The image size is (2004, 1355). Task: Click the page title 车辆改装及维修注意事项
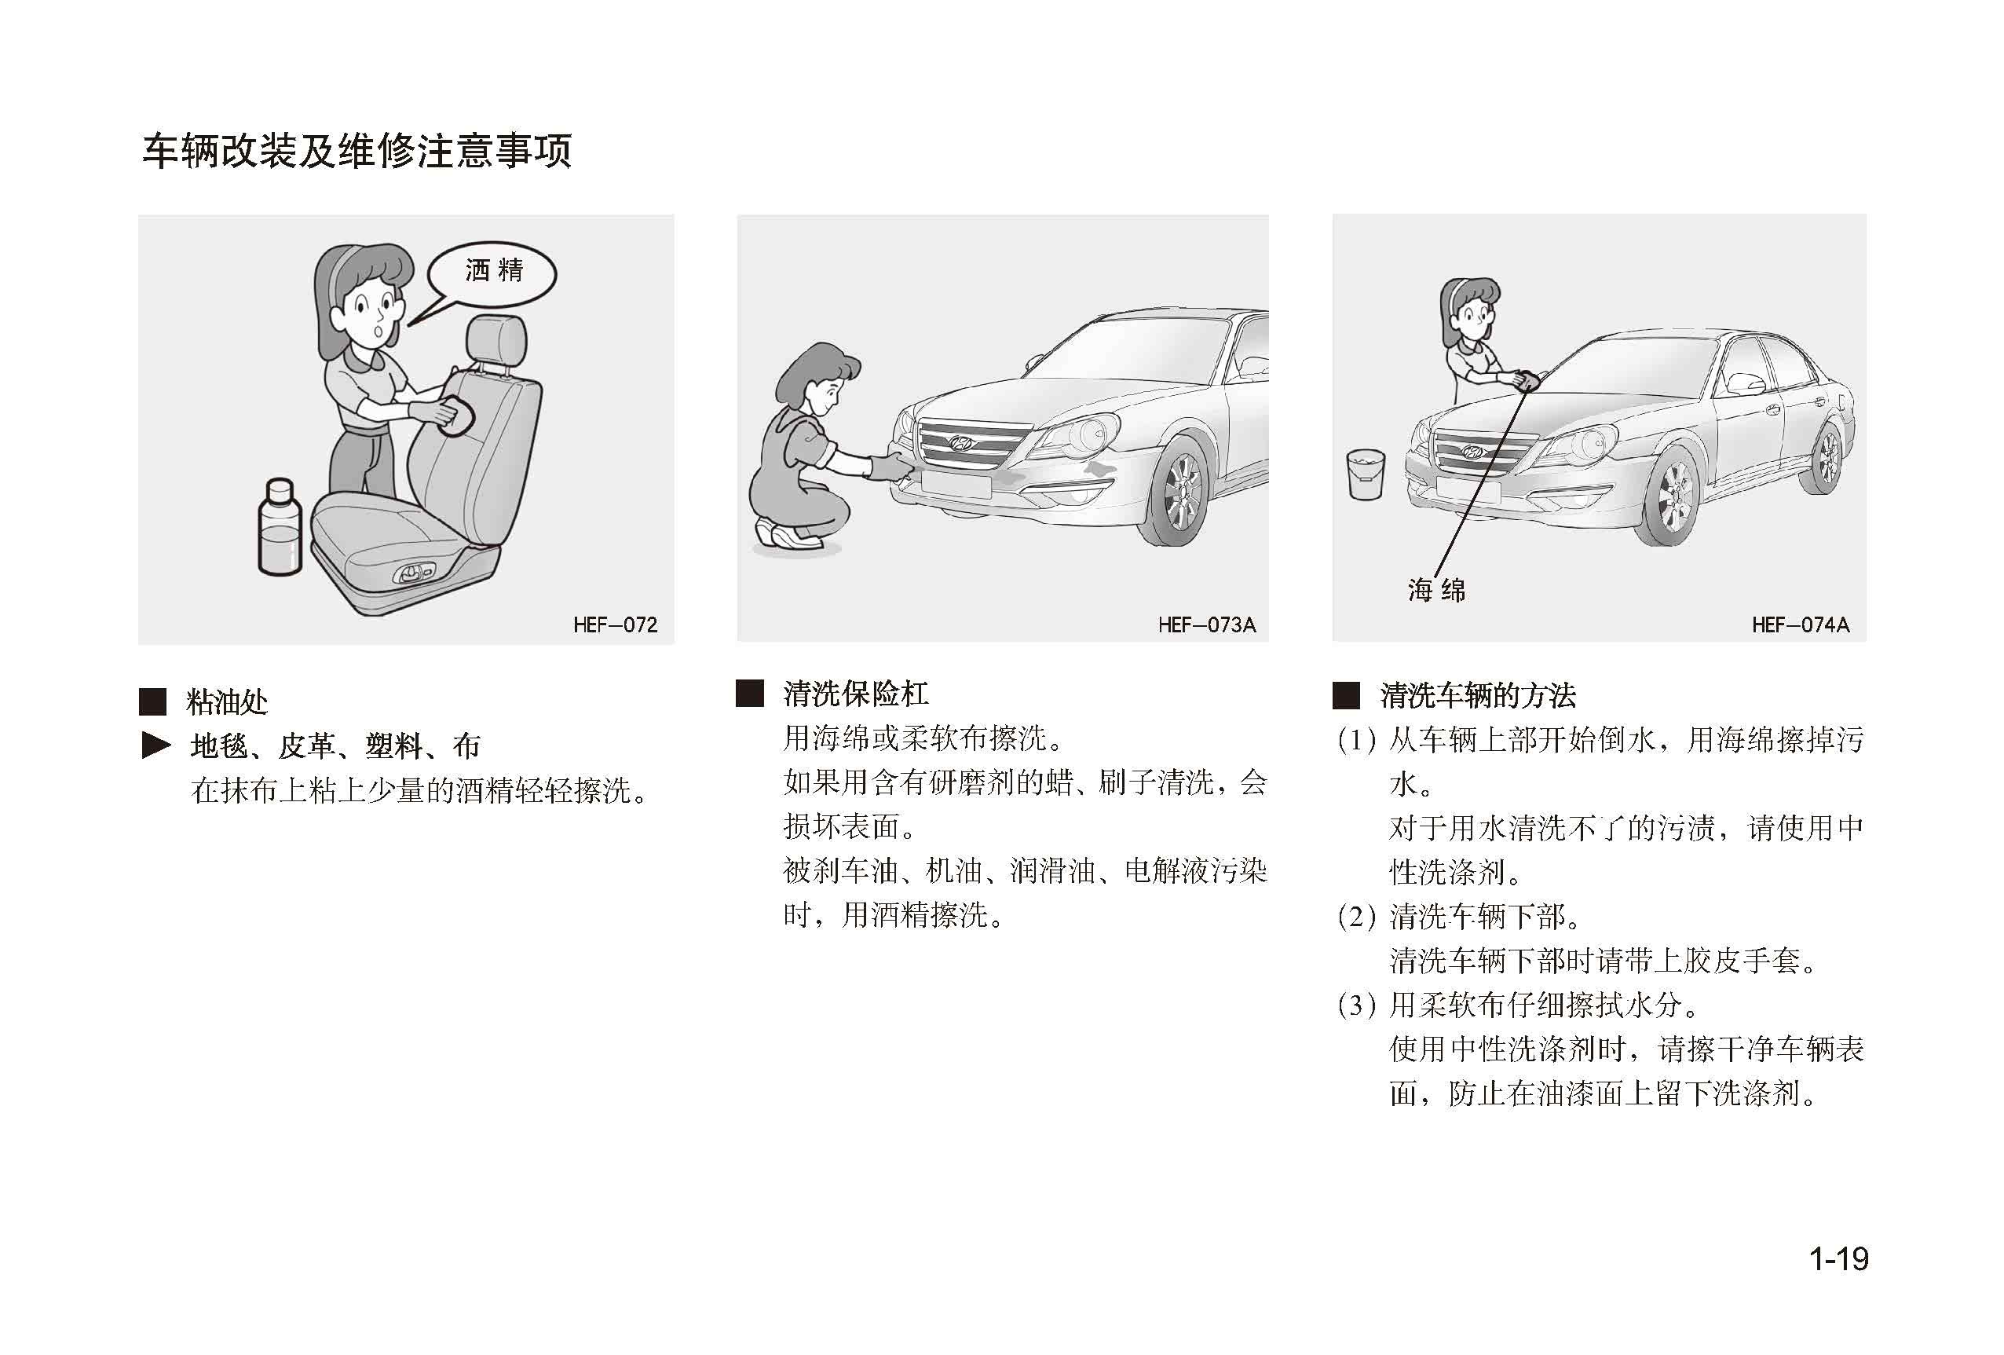(357, 151)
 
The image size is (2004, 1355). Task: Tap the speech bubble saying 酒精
(492, 274)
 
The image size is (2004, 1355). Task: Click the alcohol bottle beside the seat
(280, 527)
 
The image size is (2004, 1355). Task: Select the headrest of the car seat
(497, 342)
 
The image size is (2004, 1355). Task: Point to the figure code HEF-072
(615, 624)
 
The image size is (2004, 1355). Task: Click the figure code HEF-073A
(1206, 624)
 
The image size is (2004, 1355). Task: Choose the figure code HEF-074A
(1801, 624)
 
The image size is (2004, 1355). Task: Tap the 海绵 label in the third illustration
(1436, 590)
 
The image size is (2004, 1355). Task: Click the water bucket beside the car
(1366, 474)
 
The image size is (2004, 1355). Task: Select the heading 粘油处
(227, 701)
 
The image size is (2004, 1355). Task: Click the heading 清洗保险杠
(855, 694)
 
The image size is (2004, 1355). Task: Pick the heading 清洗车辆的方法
(1477, 695)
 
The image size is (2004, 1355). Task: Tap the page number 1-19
(1838, 1258)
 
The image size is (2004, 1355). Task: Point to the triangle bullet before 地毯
(156, 745)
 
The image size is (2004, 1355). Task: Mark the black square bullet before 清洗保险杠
(749, 694)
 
